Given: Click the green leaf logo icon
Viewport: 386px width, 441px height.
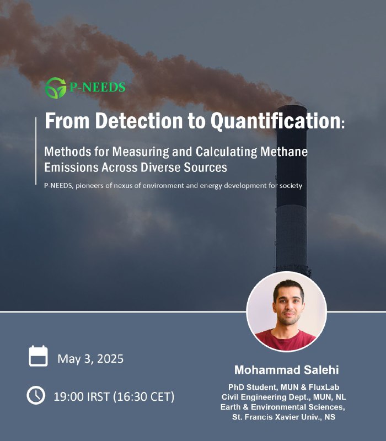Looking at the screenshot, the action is (x=56, y=88).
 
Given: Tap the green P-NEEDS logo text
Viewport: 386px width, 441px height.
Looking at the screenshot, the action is (x=98, y=87).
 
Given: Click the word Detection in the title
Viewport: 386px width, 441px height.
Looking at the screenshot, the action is (x=139, y=121).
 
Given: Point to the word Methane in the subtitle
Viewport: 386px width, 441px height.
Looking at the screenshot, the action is (x=284, y=152).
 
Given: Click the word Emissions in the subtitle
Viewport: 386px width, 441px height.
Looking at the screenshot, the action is (x=72, y=168).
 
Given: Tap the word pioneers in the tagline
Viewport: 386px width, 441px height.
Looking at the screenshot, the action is (x=87, y=186).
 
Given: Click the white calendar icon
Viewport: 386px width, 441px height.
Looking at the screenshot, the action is (x=38, y=356).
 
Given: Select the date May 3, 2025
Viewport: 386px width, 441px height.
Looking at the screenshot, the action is (x=90, y=359).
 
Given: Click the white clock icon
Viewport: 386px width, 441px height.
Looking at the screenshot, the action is (x=36, y=395).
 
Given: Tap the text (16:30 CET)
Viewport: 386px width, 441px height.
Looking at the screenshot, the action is (x=144, y=397).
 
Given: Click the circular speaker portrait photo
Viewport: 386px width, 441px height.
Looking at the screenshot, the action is (x=286, y=311).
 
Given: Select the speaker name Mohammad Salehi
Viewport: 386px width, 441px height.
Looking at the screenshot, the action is (x=286, y=370).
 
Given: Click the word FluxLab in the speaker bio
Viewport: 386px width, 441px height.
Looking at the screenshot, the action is (x=324, y=388).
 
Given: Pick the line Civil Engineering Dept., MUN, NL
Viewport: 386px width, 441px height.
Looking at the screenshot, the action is (x=283, y=397).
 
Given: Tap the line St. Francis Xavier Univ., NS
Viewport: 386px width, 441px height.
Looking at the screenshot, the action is (x=283, y=417).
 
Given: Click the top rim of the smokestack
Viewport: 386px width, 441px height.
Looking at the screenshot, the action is (x=292, y=107).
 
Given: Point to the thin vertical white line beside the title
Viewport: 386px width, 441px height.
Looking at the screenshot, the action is (x=36, y=151).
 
